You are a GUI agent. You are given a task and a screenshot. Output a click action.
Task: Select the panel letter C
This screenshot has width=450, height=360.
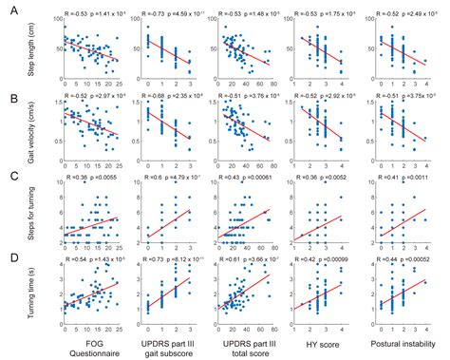pos(9,175)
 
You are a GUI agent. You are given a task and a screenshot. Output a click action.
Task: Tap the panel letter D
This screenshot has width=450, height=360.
pos(9,255)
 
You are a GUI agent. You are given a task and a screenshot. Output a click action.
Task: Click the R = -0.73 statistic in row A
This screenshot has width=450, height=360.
pos(155,17)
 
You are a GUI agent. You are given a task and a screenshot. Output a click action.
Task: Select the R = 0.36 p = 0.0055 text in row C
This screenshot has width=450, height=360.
pos(92,177)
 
